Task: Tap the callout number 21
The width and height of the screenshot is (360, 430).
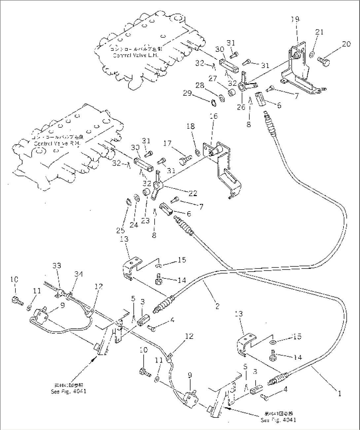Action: pos(319,32)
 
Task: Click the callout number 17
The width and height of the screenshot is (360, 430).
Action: pos(167,144)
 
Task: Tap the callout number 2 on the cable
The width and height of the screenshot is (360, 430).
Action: pos(217,306)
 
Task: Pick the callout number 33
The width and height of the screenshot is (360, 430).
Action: pos(57,265)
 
